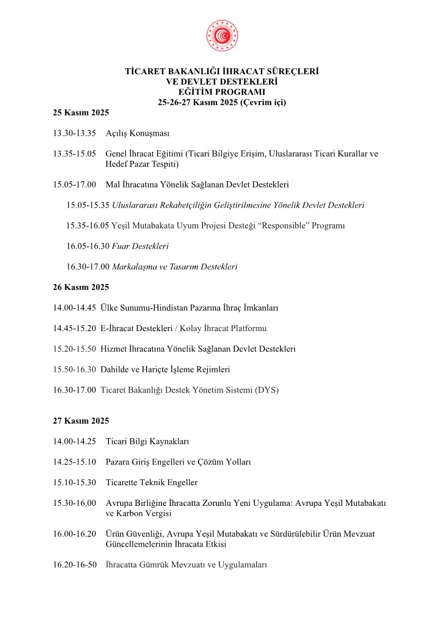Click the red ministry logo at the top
tap(222, 36)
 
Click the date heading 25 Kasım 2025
tap(81, 113)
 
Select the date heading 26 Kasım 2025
tap(81, 288)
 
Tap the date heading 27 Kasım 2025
tap(81, 421)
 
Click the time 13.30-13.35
tap(74, 133)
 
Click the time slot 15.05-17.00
tap(74, 185)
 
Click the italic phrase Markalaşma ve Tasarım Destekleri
tap(174, 267)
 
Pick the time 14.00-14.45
tap(74, 308)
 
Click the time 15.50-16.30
tap(74, 370)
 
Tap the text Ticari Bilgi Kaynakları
tap(147, 442)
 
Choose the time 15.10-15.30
tap(74, 482)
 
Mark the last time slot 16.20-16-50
tap(74, 565)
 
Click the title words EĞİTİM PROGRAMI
tap(222, 92)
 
